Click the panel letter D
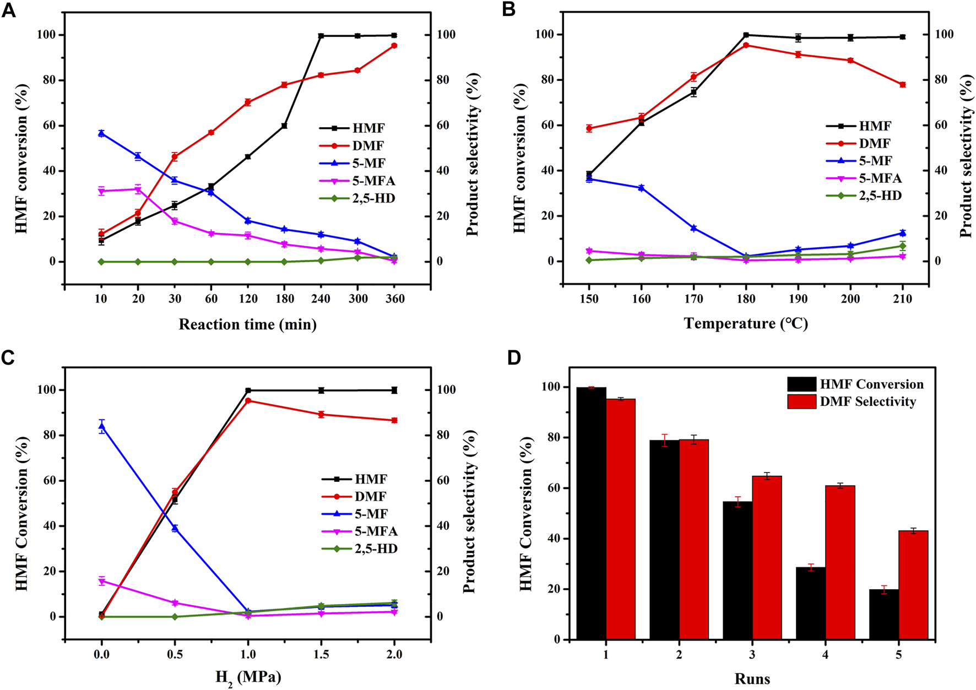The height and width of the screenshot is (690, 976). tap(513, 358)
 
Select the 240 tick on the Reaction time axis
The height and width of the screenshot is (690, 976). tap(321, 299)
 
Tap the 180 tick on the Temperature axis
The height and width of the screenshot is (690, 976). tap(746, 299)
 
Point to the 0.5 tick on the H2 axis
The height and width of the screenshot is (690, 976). tap(175, 654)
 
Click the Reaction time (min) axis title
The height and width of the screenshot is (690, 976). tap(247, 324)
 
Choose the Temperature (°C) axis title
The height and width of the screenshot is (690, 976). tap(746, 323)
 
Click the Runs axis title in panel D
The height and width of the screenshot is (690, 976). tap(752, 678)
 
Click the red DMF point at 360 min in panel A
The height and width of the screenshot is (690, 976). tap(394, 46)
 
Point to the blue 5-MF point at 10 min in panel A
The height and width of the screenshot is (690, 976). tap(101, 133)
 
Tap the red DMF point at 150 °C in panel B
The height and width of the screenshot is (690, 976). tap(589, 128)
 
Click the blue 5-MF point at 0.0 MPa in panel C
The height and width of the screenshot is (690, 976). tap(102, 426)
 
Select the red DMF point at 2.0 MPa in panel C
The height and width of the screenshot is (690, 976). tap(394, 420)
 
